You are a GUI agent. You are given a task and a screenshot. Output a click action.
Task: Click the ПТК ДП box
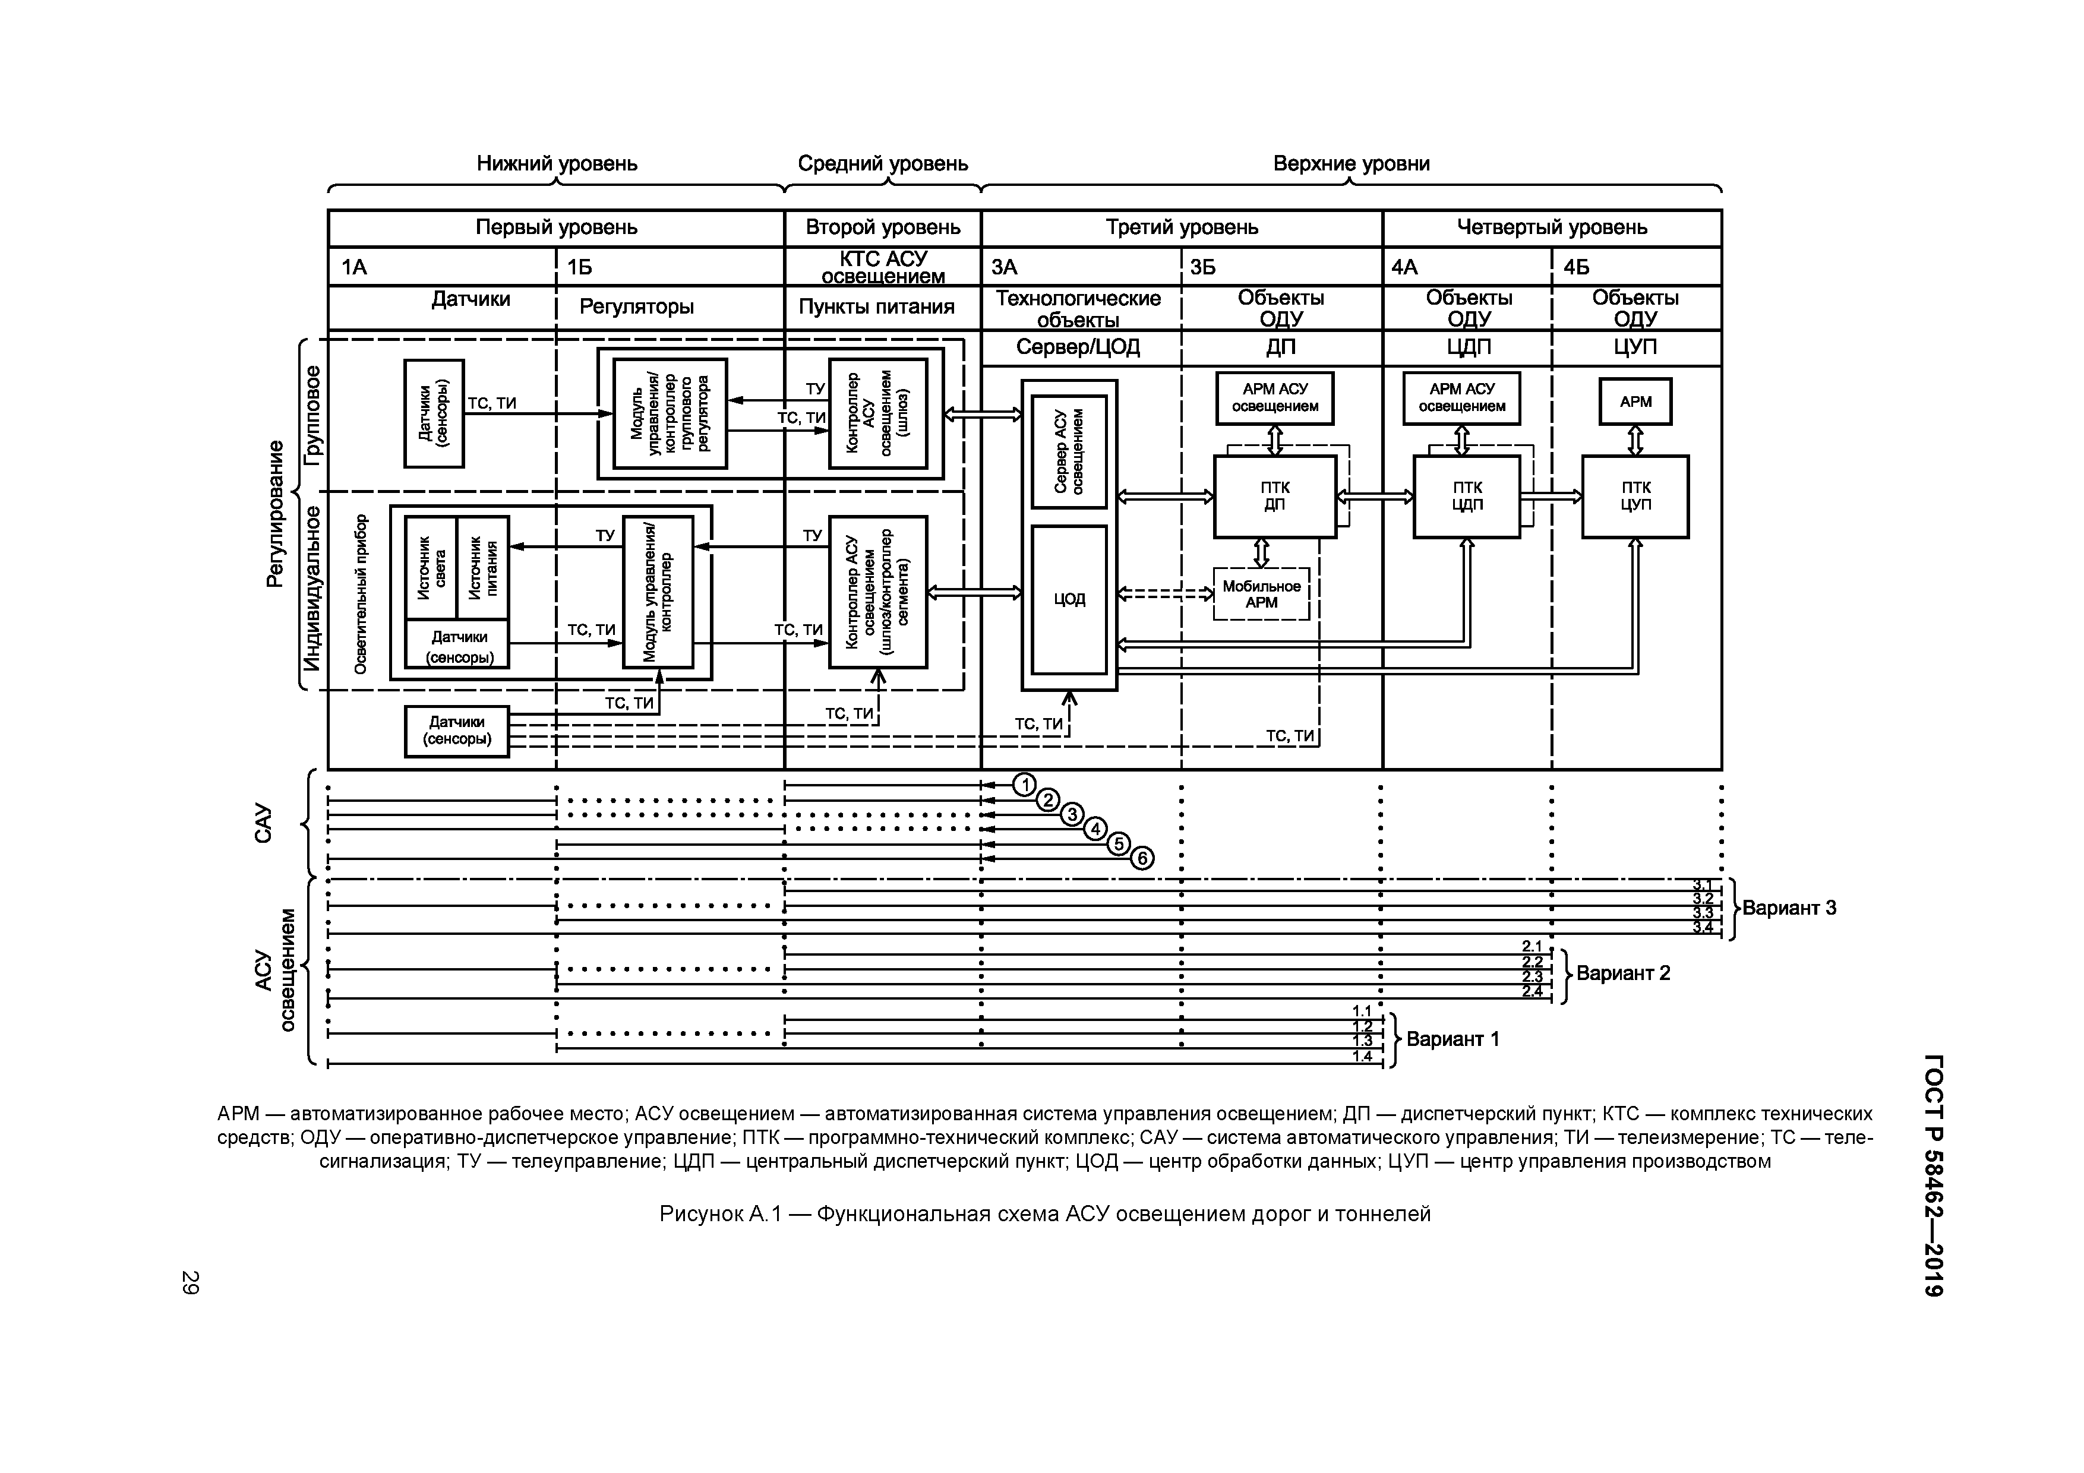point(1274,497)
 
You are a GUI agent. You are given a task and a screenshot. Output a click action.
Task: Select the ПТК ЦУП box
point(1635,497)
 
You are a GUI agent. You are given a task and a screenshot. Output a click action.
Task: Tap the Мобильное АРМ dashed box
point(1261,595)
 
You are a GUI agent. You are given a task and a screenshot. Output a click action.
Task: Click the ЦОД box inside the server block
point(1069,599)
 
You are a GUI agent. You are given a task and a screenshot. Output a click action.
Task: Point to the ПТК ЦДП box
point(1466,497)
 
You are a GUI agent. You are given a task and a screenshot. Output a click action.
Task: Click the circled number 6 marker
point(1142,858)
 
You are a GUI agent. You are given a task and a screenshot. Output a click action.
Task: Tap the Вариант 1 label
point(1453,1039)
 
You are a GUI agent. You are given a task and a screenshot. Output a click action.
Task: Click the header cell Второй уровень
point(882,228)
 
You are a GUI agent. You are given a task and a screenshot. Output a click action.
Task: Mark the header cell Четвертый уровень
point(1551,228)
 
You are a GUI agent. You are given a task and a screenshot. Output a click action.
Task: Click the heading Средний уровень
point(882,165)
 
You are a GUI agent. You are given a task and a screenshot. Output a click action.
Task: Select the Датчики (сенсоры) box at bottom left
point(457,731)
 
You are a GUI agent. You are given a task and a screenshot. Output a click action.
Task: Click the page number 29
point(190,1282)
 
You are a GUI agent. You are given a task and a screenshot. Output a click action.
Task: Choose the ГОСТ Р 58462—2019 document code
point(1933,1175)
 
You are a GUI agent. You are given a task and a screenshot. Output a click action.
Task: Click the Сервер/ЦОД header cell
point(1078,347)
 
